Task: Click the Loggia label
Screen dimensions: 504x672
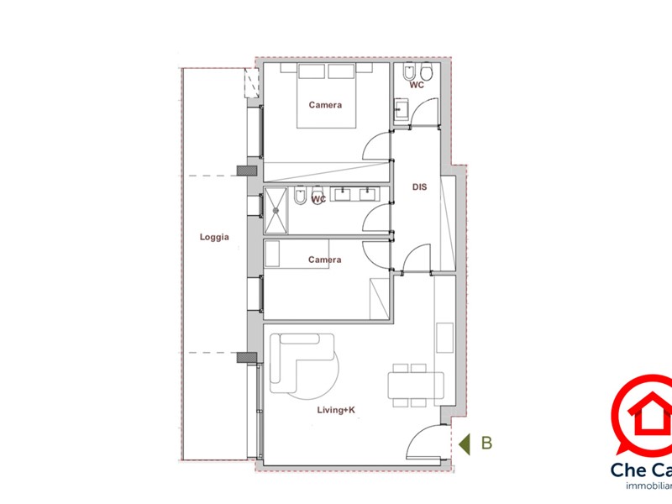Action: point(214,238)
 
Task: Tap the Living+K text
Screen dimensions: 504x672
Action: point(336,410)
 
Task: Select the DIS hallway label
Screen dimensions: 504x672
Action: point(420,187)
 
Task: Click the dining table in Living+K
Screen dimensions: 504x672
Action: point(414,386)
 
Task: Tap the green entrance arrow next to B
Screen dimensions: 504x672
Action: point(463,443)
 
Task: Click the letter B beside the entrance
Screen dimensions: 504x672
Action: point(486,443)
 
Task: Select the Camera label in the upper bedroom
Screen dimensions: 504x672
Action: point(325,105)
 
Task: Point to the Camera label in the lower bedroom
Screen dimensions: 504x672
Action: point(324,260)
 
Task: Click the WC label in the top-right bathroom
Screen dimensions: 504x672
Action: point(417,86)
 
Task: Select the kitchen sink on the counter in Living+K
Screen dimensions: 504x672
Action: point(444,336)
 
